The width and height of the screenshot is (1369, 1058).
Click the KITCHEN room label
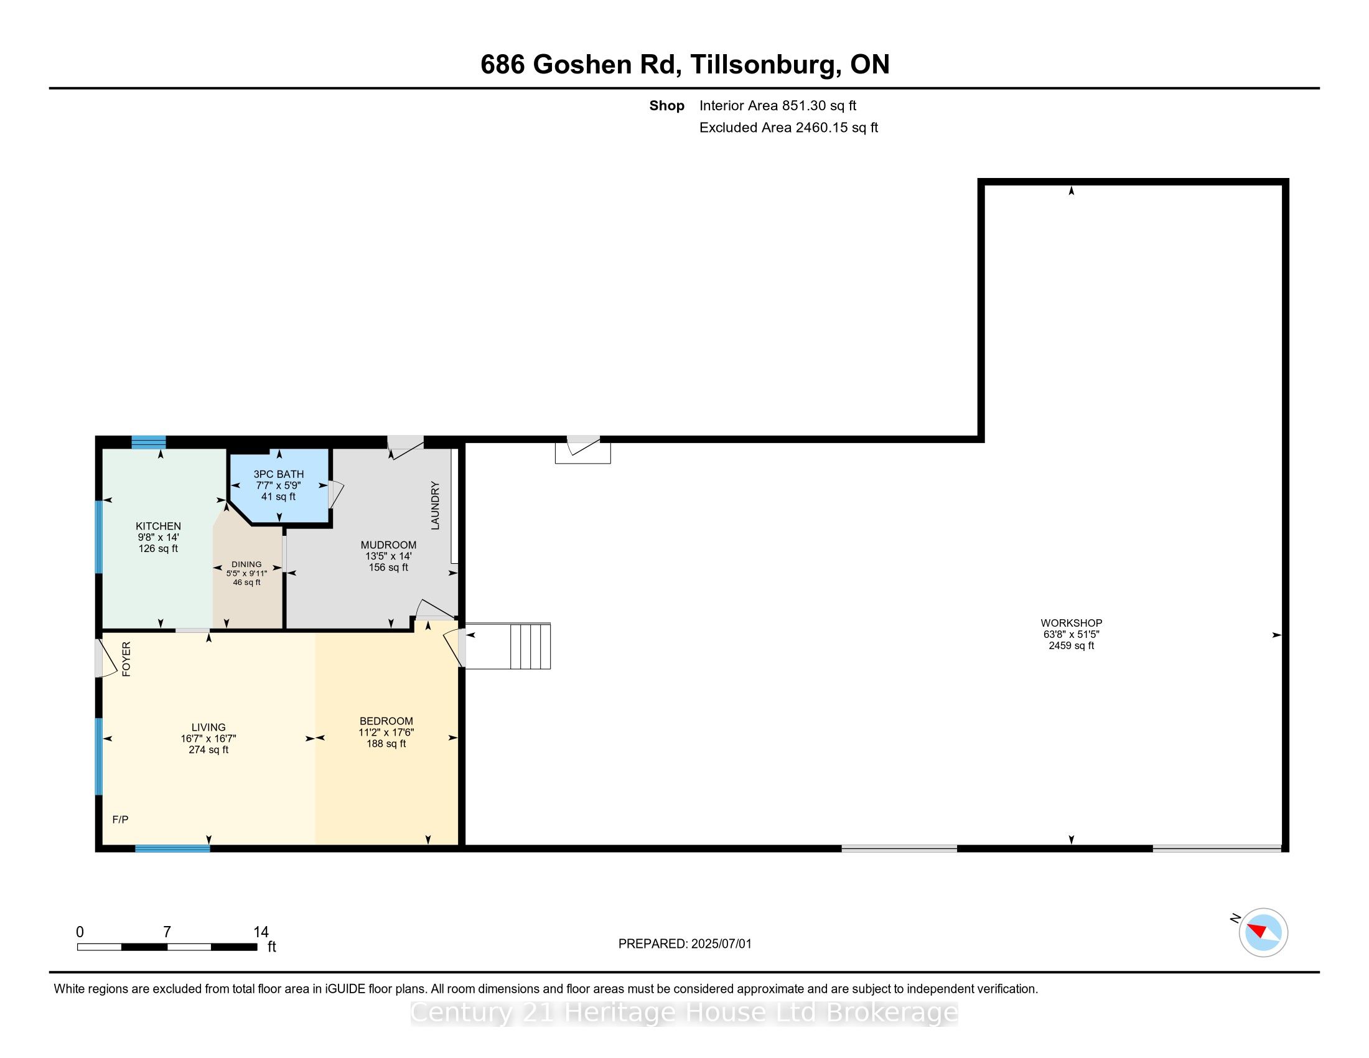[159, 527]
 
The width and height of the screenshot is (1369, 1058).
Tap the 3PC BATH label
[279, 474]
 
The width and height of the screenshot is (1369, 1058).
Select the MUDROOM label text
[389, 545]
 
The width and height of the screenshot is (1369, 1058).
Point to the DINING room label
[246, 564]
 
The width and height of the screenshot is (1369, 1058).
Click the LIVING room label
[208, 728]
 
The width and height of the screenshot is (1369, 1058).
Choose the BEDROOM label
[386, 721]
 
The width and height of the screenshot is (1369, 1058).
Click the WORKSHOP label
[1072, 623]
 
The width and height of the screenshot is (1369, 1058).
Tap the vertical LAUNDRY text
[435, 506]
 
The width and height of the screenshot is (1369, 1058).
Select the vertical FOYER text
[126, 658]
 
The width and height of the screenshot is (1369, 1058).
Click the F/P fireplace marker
[120, 819]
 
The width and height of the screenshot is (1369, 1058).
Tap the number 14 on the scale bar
[261, 932]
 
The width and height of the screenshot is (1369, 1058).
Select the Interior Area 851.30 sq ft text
[778, 106]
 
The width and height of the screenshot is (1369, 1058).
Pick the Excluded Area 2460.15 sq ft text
[788, 128]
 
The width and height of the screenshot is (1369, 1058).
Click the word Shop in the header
[667, 106]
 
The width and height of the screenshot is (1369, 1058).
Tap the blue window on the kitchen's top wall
[149, 442]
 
